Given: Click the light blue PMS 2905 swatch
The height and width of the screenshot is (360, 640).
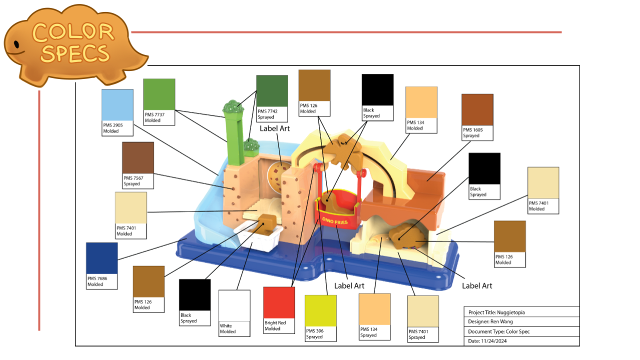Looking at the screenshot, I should click(x=117, y=105).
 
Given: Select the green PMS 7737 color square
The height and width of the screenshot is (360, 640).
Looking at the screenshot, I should click(x=159, y=94).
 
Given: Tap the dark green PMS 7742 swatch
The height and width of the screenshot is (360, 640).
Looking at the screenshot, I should click(x=272, y=91).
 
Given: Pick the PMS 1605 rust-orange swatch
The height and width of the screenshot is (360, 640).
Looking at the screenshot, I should click(x=477, y=109).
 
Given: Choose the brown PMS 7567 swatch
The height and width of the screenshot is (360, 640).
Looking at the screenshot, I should click(x=138, y=157).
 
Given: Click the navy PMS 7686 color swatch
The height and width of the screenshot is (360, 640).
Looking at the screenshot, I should click(x=101, y=258).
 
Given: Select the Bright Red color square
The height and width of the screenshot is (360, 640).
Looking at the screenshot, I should click(x=279, y=302).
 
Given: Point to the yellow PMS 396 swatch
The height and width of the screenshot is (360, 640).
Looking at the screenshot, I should click(x=320, y=310).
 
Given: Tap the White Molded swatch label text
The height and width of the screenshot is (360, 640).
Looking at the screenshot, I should click(x=228, y=328).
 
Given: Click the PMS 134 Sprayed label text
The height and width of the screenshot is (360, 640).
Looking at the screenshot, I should click(x=368, y=332).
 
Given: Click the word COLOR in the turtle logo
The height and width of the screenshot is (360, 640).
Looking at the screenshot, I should click(x=73, y=32).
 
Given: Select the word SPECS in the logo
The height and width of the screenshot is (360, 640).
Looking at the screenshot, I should click(x=75, y=53).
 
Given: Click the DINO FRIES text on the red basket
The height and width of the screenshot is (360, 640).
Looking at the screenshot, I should click(x=334, y=219).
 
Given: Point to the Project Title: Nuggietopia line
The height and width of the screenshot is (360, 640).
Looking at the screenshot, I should click(x=496, y=312).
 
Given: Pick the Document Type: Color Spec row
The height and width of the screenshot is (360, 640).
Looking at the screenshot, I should click(x=498, y=331).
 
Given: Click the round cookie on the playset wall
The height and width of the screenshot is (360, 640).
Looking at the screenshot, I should click(x=276, y=175).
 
